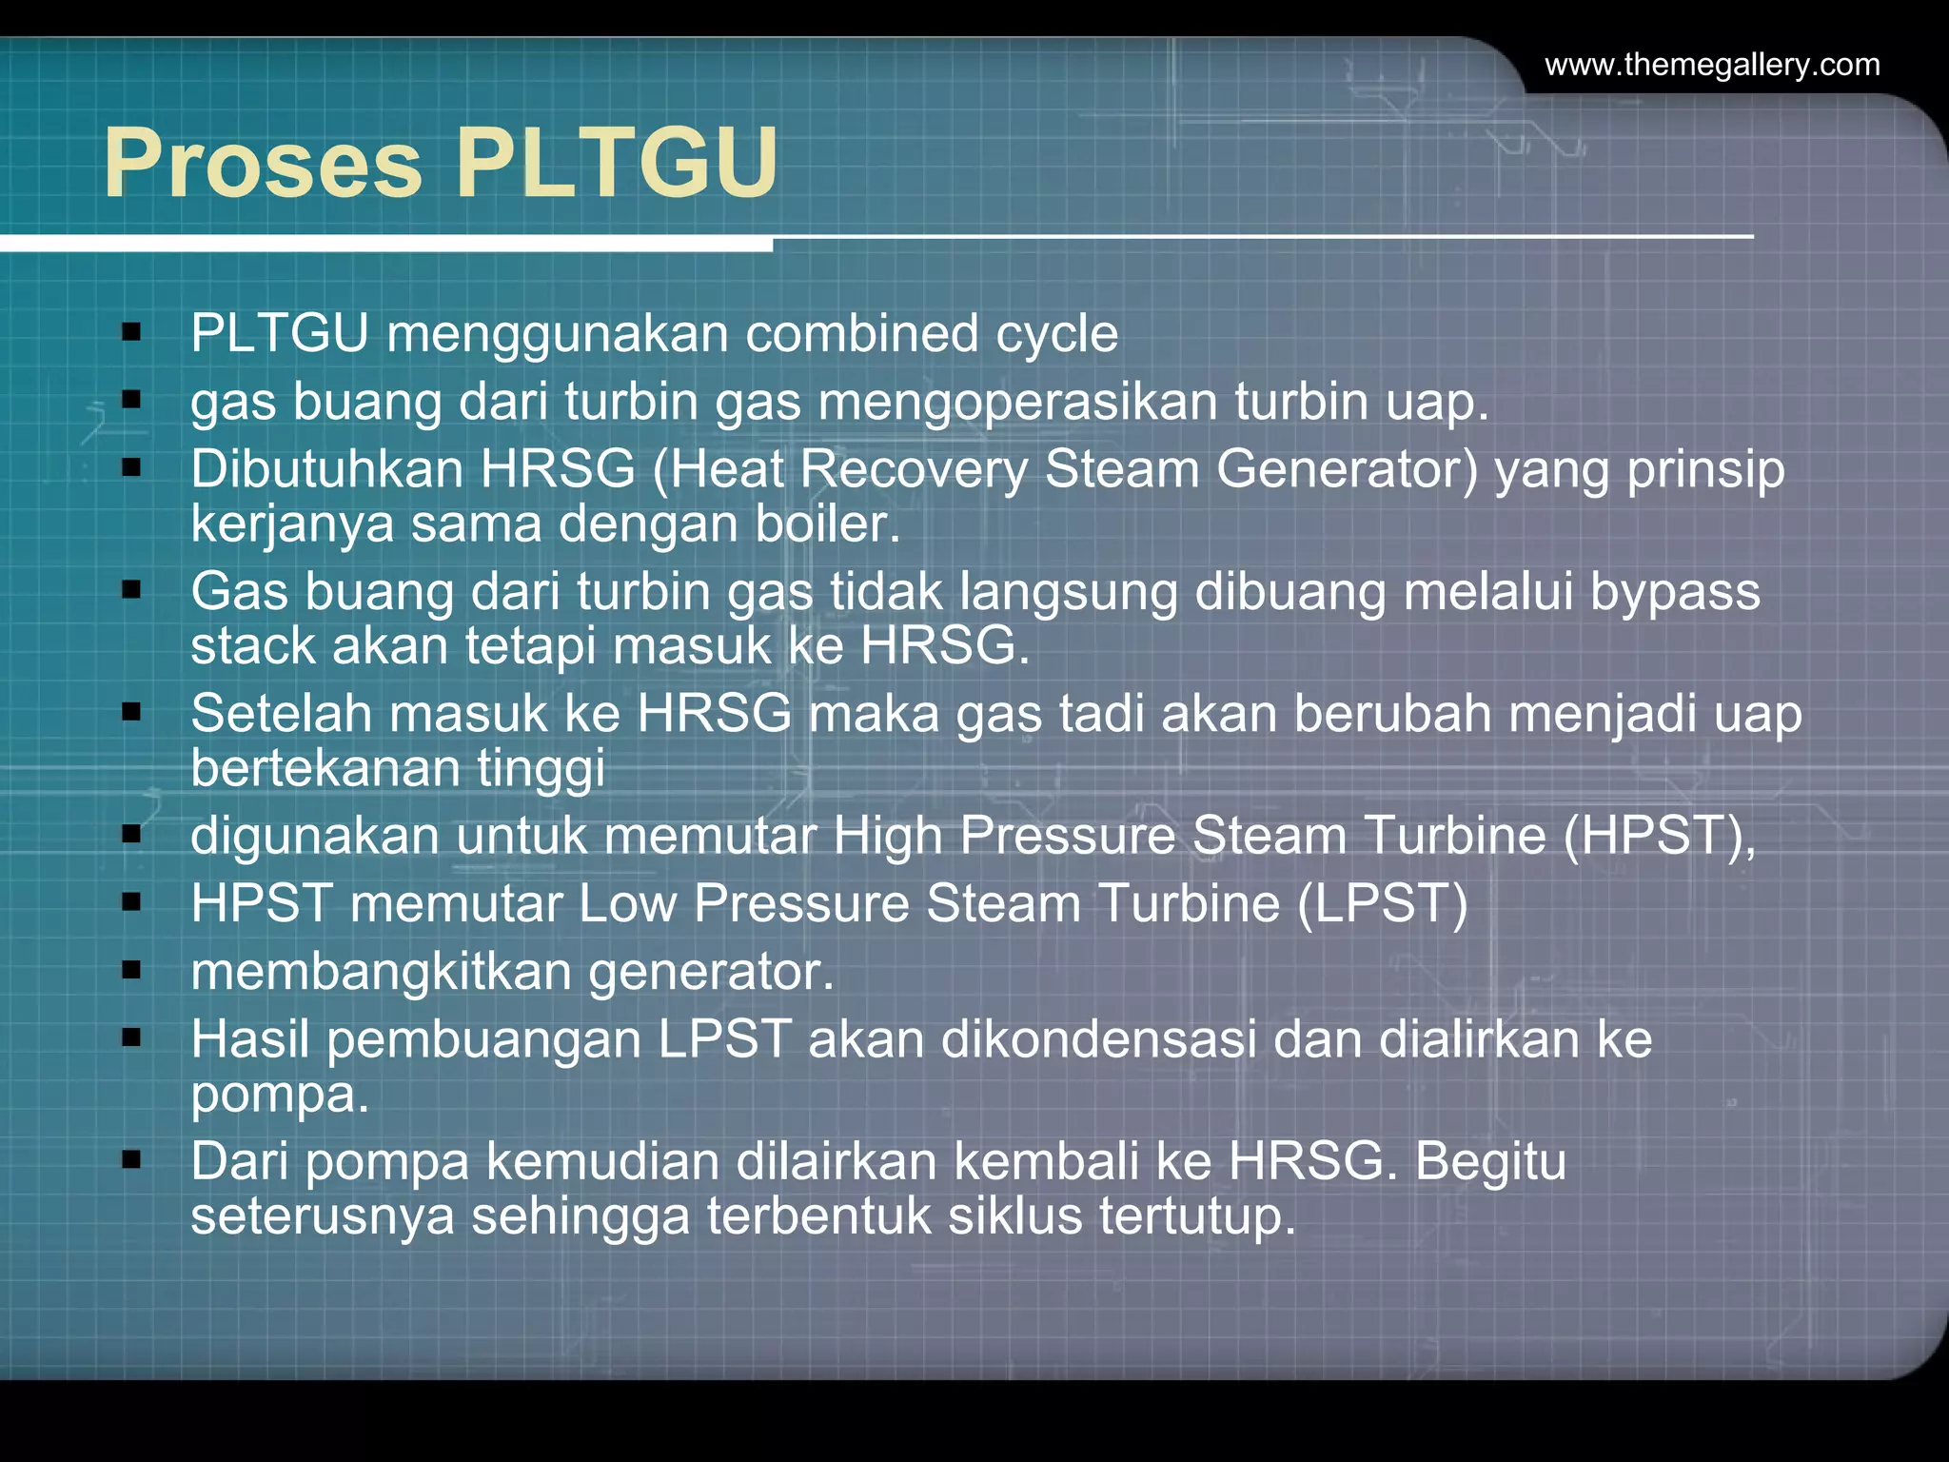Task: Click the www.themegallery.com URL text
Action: pos(1712,65)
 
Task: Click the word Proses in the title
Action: pos(263,164)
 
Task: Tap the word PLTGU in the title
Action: pos(618,164)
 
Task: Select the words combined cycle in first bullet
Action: pos(932,334)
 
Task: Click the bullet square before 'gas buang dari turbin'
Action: pos(131,400)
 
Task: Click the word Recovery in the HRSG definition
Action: pos(913,469)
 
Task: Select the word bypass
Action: pos(1675,592)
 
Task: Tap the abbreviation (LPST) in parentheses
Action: pos(1384,903)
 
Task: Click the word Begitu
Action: pos(1490,1162)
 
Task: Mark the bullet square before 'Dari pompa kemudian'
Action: pos(131,1160)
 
